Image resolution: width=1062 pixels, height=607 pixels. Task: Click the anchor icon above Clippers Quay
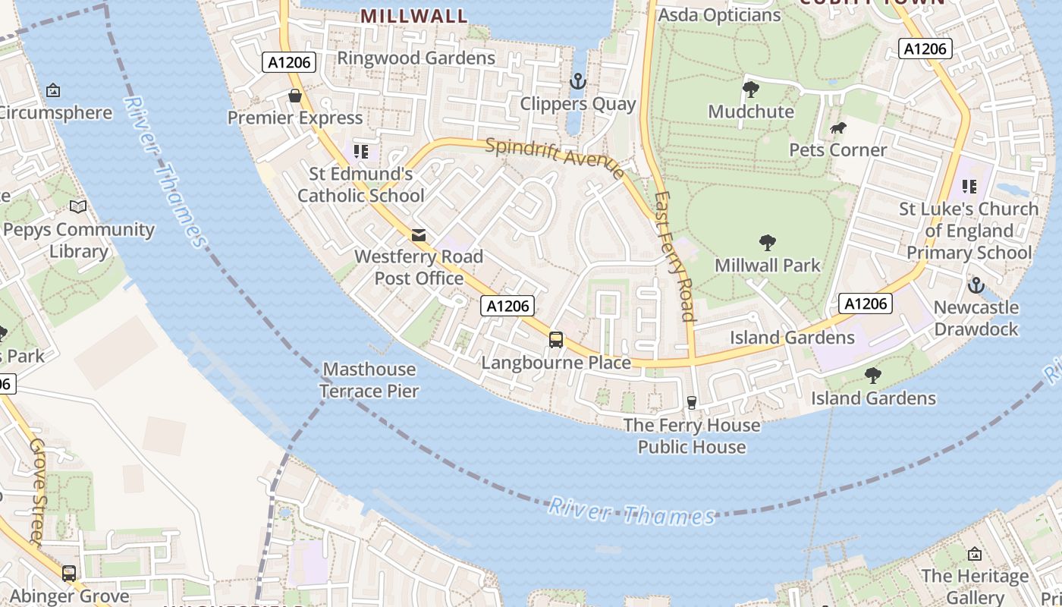578,81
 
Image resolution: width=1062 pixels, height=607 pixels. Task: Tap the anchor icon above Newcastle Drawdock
976,285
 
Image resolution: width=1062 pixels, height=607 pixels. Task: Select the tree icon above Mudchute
750,90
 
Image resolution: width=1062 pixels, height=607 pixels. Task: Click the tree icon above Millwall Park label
768,243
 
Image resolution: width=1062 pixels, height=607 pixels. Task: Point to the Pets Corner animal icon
837,127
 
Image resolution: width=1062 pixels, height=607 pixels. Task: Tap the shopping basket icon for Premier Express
295,96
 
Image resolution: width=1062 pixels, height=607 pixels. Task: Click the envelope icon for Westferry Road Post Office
418,234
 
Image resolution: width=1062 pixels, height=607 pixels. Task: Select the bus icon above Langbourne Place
556,340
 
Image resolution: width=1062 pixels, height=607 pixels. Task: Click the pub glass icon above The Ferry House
691,402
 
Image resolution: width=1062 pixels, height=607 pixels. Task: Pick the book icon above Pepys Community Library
77,206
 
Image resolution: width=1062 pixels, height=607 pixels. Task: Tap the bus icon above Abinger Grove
69,574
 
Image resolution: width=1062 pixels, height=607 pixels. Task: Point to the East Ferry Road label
675,256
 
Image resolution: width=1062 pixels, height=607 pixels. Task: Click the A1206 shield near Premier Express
289,62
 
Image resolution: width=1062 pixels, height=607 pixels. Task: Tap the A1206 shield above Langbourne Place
507,306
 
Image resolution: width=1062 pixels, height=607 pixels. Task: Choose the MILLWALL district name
413,16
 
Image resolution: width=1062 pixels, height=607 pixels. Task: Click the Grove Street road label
38,490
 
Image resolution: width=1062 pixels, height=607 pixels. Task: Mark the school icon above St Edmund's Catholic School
361,152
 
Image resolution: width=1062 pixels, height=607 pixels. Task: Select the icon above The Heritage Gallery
975,554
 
